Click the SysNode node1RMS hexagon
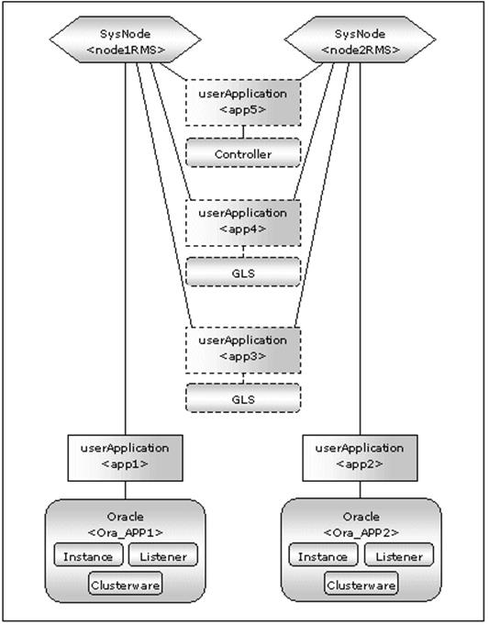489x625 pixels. point(125,39)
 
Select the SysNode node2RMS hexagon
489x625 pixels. point(360,39)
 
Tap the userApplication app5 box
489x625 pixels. point(243,103)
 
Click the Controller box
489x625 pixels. point(243,152)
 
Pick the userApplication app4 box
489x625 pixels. point(243,223)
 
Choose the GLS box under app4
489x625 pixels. point(243,272)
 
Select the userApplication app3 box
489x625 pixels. point(243,351)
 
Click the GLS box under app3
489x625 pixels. point(243,397)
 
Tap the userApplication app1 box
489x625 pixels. point(125,458)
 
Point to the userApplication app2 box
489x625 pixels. point(361,458)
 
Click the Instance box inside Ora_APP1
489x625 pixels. point(88,554)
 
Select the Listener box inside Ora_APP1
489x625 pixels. point(163,554)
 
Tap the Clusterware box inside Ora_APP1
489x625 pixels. point(126,583)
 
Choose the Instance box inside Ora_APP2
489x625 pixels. point(323,554)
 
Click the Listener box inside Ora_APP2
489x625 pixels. point(399,554)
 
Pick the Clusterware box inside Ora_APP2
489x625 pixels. point(361,583)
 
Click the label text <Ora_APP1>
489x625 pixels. point(125,532)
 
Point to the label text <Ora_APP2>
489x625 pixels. point(361,532)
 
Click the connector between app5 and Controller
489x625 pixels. point(243,132)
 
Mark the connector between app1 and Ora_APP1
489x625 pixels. point(125,490)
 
